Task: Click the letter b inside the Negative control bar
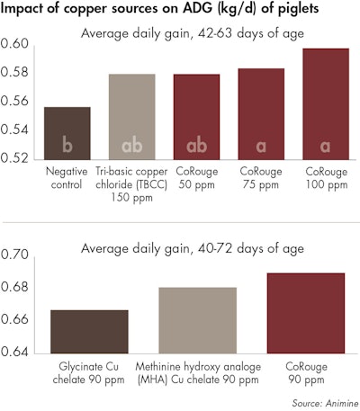(67, 145)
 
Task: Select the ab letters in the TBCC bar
(131, 145)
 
